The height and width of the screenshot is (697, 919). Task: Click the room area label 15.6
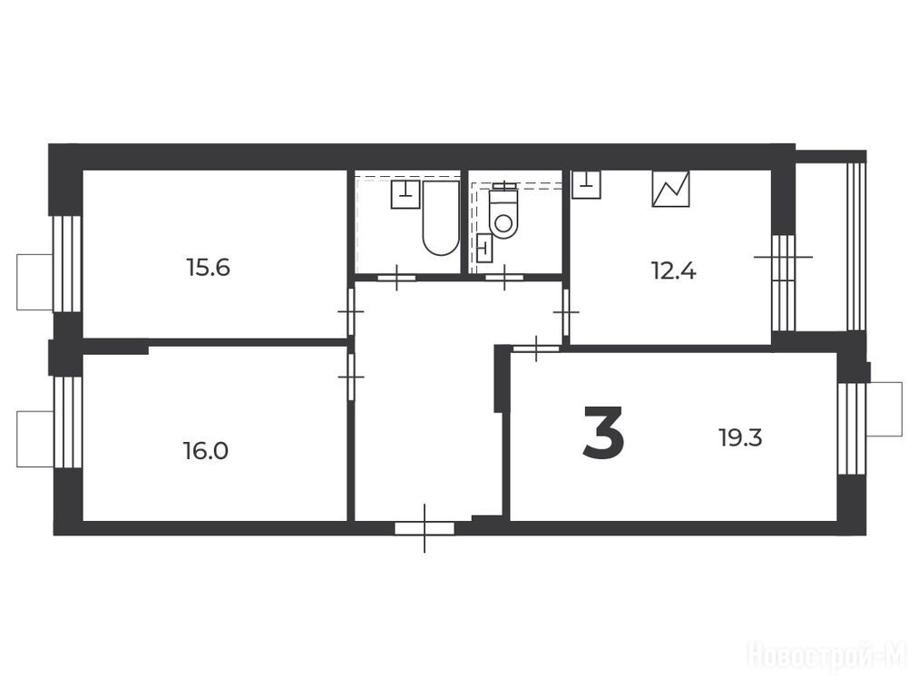coord(208,268)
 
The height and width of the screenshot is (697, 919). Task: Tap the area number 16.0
coord(205,451)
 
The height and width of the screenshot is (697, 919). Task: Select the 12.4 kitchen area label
coord(673,271)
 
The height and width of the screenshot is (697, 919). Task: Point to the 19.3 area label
coord(741,438)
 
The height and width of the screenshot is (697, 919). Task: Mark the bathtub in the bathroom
coord(441,218)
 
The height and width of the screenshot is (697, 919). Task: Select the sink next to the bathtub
coord(406,194)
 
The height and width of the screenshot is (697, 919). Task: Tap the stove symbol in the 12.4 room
coord(670,188)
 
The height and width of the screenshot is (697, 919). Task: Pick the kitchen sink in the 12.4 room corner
coord(586,184)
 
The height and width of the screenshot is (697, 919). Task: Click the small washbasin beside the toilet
coord(484,248)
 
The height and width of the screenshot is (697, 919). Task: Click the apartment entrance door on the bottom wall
coord(425,528)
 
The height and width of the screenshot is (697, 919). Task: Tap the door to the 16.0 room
coord(351,377)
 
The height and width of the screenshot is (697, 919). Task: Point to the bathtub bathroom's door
coord(396,278)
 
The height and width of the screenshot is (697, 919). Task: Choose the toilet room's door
coord(504,278)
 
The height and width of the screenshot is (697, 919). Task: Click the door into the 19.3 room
coord(536,348)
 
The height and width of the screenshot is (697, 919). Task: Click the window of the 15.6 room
coord(66,264)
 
